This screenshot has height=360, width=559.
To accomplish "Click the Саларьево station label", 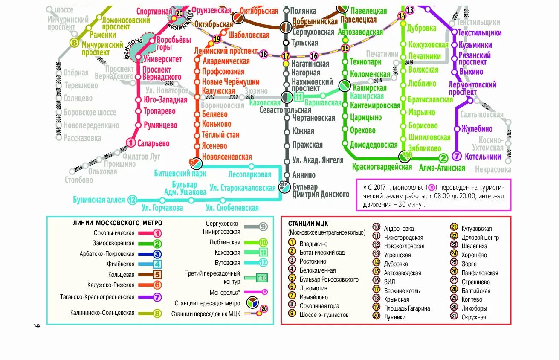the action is [x=154, y=144].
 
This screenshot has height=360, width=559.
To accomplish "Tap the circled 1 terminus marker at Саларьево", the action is [x=131, y=143].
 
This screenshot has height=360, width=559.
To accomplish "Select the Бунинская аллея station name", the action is [x=98, y=200].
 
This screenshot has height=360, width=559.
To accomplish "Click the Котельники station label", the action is [x=483, y=157].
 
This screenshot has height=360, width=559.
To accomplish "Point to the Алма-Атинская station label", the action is [x=442, y=168].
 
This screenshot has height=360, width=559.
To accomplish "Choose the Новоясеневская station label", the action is [x=227, y=157].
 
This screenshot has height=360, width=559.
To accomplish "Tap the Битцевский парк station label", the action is [x=180, y=173].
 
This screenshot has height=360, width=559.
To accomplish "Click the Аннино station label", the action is [x=304, y=175].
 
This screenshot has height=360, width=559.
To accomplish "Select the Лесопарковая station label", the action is [x=249, y=174].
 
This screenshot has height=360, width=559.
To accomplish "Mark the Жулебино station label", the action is [x=477, y=129].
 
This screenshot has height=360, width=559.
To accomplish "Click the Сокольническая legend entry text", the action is [x=114, y=233].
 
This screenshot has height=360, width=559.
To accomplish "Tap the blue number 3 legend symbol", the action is [x=157, y=254].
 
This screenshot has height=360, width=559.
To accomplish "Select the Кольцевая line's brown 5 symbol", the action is [x=157, y=275].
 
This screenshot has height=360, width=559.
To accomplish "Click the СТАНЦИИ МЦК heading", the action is [x=308, y=224].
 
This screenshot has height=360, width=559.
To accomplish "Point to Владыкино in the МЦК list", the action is [x=313, y=244].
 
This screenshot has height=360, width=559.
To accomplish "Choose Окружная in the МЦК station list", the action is [x=473, y=317].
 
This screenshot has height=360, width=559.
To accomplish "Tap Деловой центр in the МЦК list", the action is [x=480, y=238].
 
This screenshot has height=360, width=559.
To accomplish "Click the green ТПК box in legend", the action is [x=261, y=278].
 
